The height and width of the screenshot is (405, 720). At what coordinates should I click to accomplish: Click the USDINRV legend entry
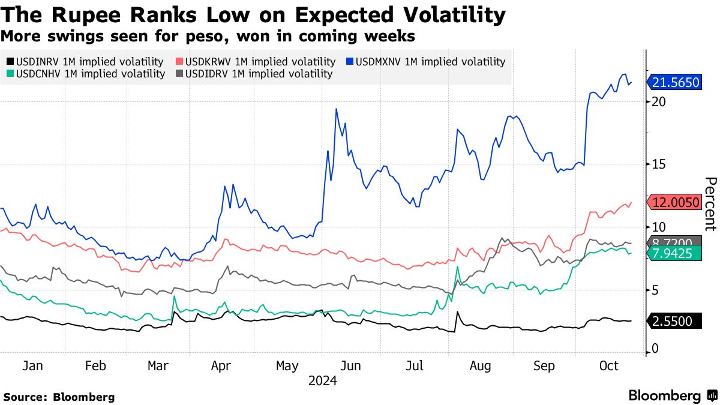pyautogui.click(x=85, y=61)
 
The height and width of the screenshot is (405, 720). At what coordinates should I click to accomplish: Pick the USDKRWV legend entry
pyautogui.click(x=254, y=61)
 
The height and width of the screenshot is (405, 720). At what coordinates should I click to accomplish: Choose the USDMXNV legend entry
pyautogui.click(x=425, y=61)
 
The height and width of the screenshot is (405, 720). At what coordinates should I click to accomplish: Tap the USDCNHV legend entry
pyautogui.click(x=85, y=74)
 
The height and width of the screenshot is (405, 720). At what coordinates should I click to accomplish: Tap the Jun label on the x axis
pyautogui.click(x=350, y=366)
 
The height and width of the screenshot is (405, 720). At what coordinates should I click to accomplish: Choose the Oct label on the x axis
pyautogui.click(x=608, y=366)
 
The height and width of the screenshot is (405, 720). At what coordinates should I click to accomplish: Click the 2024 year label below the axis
pyautogui.click(x=322, y=381)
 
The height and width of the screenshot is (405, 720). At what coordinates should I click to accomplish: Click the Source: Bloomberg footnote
pyautogui.click(x=59, y=397)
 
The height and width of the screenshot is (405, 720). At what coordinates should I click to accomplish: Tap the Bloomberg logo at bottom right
pyautogui.click(x=672, y=395)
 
